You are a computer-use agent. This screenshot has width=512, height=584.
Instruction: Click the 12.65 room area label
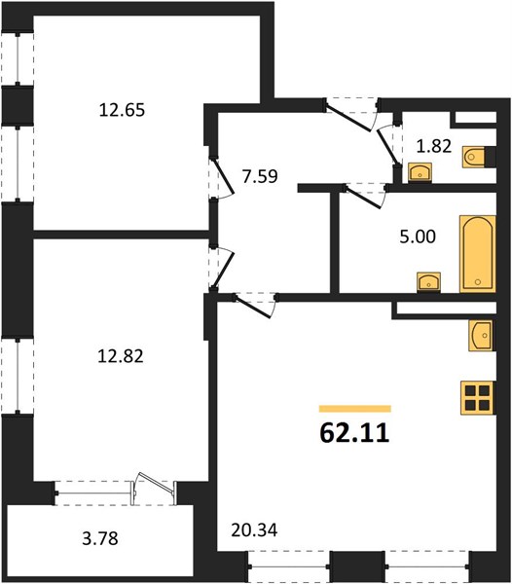tap(122, 110)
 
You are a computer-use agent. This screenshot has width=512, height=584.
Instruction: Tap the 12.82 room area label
tap(121, 356)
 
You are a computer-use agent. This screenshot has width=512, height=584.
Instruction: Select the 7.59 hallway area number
tap(260, 176)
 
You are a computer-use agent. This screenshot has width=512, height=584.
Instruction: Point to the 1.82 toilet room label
tap(434, 146)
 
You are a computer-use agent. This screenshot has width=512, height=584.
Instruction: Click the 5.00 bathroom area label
tap(418, 237)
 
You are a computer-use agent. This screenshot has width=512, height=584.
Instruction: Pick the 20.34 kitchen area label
tap(254, 530)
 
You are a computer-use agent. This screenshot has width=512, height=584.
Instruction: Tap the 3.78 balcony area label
tap(100, 538)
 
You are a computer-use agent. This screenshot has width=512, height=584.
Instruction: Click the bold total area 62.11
tap(354, 433)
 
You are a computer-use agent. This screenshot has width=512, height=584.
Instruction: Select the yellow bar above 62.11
tap(355, 409)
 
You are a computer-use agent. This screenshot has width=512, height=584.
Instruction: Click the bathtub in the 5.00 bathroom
tap(478, 254)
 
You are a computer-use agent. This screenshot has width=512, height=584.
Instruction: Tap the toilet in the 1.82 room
tap(476, 157)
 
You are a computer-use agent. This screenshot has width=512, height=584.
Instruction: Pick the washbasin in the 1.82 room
tap(421, 172)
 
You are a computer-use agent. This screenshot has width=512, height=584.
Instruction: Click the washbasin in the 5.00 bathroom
tap(429, 282)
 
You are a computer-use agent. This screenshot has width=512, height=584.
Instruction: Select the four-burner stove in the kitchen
tap(478, 398)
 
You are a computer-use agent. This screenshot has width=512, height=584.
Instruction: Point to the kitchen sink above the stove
tap(481, 335)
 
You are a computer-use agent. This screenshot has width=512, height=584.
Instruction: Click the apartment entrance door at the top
tap(347, 117)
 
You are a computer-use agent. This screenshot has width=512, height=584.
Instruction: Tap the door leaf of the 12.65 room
tap(224, 176)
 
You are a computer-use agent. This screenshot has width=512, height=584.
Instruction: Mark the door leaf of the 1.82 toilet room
tap(387, 146)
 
